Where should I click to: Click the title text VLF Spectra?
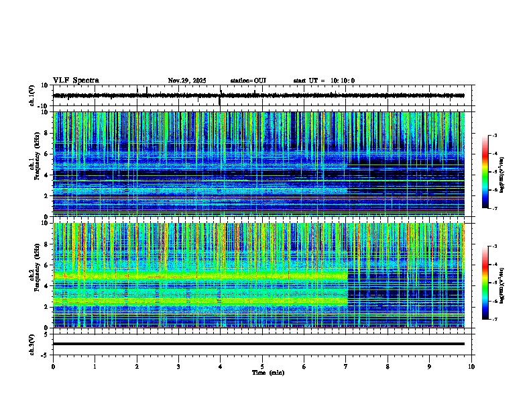coord(76,81)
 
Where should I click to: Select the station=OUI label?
coord(248,81)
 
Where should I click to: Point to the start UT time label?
coord(324,81)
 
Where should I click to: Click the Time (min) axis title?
coord(268,372)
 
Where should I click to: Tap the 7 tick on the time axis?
coord(346,366)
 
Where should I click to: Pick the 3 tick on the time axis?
coord(178,366)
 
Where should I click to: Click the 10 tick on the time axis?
coord(471,366)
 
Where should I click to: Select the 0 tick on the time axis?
coord(53,366)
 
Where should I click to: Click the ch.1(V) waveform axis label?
coord(32,95)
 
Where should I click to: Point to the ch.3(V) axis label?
coord(32,344)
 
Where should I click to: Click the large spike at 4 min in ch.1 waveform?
coord(220,101)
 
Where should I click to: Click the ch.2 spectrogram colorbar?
coord(485,282)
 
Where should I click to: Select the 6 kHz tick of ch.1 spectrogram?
coord(48,154)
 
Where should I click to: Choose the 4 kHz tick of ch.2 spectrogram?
coord(48,285)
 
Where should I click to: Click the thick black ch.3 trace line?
coord(258,344)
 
